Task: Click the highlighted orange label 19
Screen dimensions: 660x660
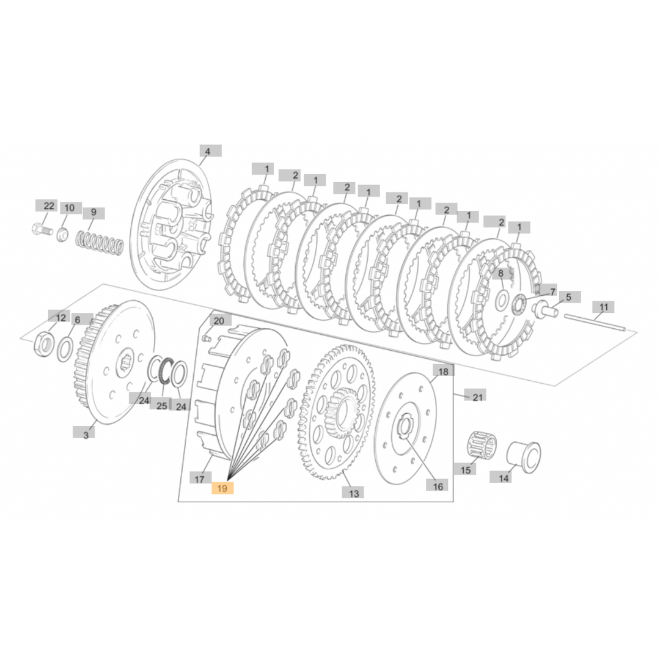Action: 222,488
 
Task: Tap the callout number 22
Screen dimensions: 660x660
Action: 49,206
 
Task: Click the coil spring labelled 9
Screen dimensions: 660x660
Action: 101,242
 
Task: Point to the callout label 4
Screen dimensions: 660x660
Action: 207,151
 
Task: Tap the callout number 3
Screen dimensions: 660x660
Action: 86,435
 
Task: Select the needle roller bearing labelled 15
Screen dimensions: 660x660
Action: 481,443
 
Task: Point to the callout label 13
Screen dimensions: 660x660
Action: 354,493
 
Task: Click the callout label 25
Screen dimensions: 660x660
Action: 162,405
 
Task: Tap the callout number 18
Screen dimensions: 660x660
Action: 443,372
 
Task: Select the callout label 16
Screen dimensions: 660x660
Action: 438,486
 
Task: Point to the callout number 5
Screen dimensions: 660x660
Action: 568,297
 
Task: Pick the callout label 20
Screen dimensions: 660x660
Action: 219,321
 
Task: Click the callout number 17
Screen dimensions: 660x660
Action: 199,479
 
